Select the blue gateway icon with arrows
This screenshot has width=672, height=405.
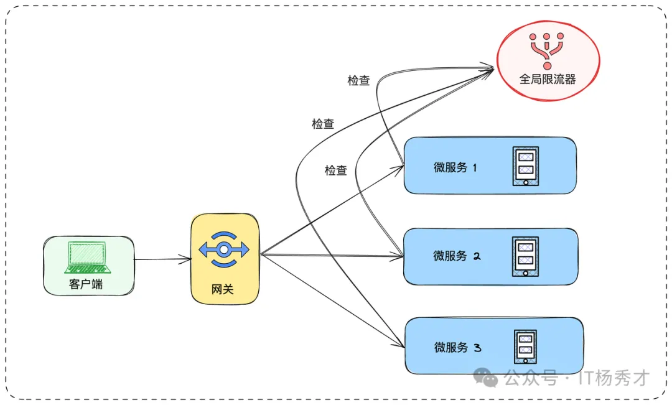pos(223,249)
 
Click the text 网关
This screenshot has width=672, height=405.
pos(223,289)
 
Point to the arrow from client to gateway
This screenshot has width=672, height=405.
pos(162,258)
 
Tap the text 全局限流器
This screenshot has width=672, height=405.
pos(548,79)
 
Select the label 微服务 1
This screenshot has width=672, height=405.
pos(455,167)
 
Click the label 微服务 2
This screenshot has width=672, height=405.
pos(455,256)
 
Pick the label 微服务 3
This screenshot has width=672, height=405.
pos(457,347)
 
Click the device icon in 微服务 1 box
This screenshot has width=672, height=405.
pos(525,166)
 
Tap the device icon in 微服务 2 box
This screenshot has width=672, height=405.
pos(525,256)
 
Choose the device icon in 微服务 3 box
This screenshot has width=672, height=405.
pos(525,347)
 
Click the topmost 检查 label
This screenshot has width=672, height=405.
pos(358,80)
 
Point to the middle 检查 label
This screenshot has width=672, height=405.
pos(323,124)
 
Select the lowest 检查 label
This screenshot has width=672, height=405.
pos(336,170)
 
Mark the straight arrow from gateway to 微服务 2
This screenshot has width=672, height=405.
pos(330,254)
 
